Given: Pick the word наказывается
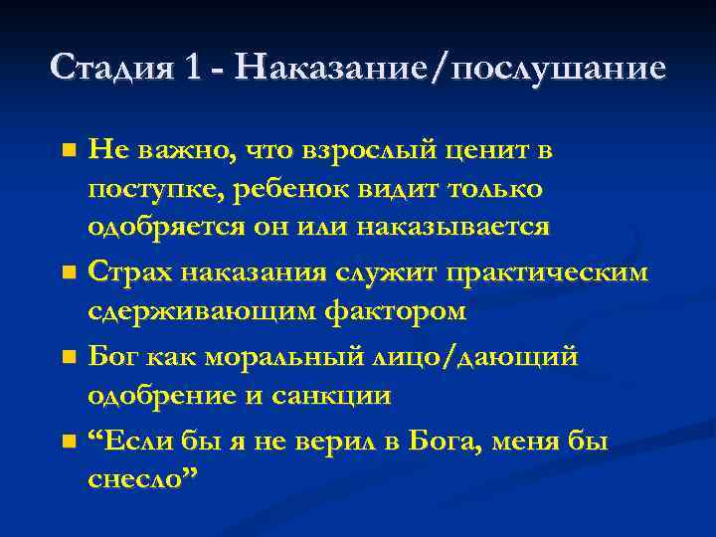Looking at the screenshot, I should (463, 226).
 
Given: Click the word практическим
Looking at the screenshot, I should (558, 271).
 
